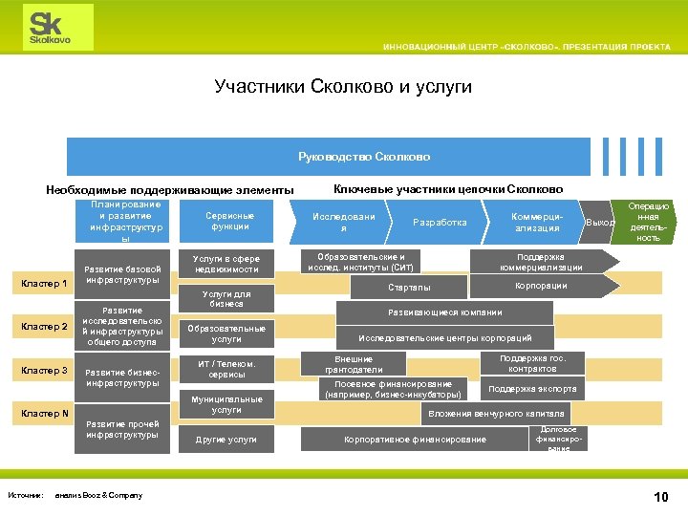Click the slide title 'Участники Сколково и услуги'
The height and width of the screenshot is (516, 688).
point(343,87)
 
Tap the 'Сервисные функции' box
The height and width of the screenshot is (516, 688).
point(229,221)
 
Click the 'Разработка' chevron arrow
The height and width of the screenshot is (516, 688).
point(440,222)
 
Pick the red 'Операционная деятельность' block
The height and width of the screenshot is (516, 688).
point(648,222)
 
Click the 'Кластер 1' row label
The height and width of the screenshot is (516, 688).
point(44,283)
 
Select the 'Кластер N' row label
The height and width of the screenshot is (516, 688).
point(44,413)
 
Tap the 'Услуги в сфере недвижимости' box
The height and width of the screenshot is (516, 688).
point(227,264)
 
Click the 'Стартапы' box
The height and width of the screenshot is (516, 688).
point(409,287)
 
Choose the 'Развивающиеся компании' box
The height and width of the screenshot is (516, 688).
point(443,312)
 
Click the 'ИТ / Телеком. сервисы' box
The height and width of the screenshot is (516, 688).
point(226,369)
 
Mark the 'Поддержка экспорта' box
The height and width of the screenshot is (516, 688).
point(532,389)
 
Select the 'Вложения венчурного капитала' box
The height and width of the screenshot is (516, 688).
point(496,414)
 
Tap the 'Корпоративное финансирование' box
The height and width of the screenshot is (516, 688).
point(415,440)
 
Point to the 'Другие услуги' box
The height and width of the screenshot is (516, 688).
point(226,440)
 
